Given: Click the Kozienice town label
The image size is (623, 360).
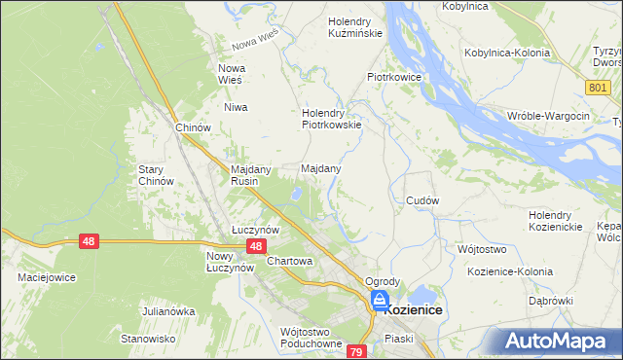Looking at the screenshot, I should pyautogui.click(x=414, y=309).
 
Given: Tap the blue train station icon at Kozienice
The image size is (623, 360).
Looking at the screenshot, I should pyautogui.click(x=379, y=301).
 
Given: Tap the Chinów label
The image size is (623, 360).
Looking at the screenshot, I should pyautogui.click(x=193, y=127).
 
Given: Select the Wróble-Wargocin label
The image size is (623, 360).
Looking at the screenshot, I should pyautogui.click(x=549, y=116).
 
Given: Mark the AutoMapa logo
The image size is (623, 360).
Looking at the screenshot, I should pyautogui.click(x=561, y=341).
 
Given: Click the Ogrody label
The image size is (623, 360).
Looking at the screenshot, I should pyautogui.click(x=383, y=281).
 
